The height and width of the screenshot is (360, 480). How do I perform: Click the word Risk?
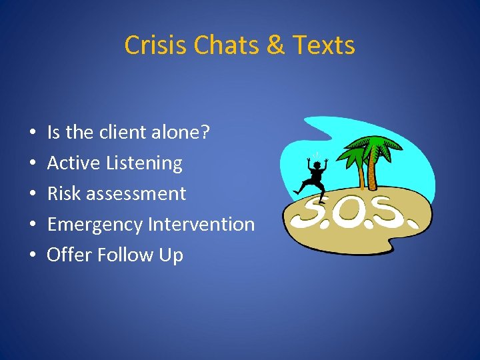(x=63, y=193)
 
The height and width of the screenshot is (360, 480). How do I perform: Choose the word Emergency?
(x=95, y=225)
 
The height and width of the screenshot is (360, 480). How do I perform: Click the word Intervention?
(x=201, y=224)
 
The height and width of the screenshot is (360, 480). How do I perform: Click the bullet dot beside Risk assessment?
(x=33, y=195)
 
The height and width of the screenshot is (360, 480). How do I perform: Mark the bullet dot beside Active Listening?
(x=33, y=164)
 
